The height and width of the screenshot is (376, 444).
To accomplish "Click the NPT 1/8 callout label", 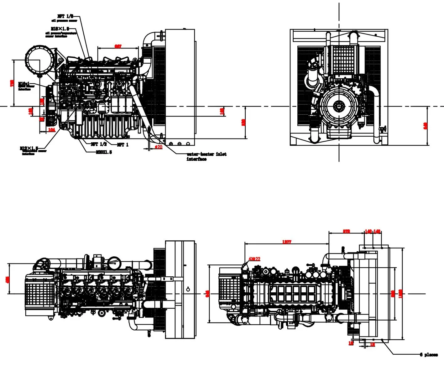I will coord(65,16).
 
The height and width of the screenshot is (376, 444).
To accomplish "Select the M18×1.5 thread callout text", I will coord(60,29).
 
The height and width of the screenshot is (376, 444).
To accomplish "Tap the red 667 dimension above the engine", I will coord(118,46).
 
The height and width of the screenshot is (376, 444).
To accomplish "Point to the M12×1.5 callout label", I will coord(29,148).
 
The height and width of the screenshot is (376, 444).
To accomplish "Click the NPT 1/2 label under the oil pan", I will coord(99,144).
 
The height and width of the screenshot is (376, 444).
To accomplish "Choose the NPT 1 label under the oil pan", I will coord(123,145).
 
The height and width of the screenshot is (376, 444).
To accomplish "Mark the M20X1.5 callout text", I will coord(104,152).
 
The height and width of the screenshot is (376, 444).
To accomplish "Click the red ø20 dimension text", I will coord(159,147).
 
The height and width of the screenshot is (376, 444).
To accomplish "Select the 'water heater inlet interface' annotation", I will coord(206,156).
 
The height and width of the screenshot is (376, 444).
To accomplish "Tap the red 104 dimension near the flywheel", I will coord(52,130).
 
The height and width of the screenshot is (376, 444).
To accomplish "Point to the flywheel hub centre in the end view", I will coord(338,107).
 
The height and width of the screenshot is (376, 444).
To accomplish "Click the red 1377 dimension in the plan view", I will coord(286,242).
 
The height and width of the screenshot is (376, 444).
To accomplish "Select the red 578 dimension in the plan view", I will coord(346,232).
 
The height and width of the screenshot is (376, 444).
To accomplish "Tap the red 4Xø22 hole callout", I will coord(254,259).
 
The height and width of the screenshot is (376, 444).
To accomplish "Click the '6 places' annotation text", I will coord(429,355).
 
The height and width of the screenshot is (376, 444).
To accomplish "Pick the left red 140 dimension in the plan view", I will coord(368,232).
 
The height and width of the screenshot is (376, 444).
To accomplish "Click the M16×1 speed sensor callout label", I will coord(24,84).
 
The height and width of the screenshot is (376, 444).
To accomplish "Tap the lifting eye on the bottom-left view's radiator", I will coord(188,289).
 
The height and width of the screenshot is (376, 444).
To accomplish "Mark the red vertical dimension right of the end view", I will coord(425,126).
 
